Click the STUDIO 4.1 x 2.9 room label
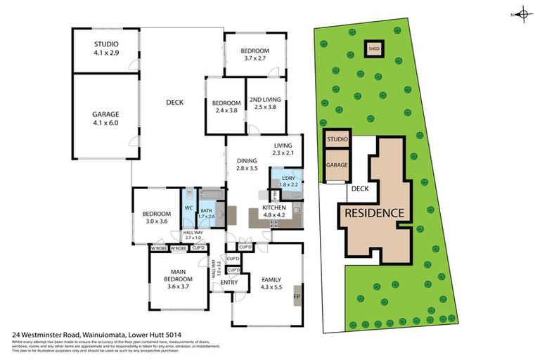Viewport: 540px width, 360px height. [x=106, y=48]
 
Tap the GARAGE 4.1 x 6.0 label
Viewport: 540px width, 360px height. [x=106, y=118]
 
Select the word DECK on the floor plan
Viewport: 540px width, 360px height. [x=174, y=103]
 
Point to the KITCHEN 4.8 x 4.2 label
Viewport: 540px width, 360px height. [x=274, y=212]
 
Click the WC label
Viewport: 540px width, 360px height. [x=188, y=208]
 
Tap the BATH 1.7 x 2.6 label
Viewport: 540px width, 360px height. [x=206, y=213]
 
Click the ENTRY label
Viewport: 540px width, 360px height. [x=229, y=283]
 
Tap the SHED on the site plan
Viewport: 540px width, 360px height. [x=373, y=49]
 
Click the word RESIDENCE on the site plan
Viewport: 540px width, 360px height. [x=373, y=213]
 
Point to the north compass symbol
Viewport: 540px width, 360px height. [x=522, y=13]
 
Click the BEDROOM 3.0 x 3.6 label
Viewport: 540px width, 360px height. [x=156, y=217]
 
